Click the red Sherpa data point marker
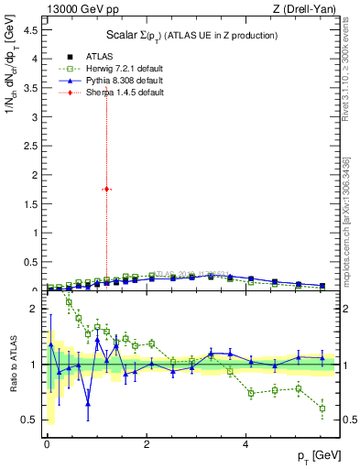[x=106, y=189]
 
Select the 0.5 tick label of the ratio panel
[x=31, y=420]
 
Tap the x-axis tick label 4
[x=245, y=442]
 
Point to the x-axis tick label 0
[x=47, y=442]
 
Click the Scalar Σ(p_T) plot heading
[x=187, y=35]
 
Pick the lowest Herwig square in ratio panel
[x=322, y=409]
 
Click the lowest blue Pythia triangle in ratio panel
[x=88, y=403]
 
